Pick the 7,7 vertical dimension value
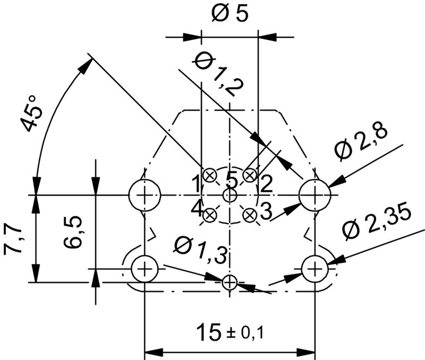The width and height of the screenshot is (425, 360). click(x=13, y=239)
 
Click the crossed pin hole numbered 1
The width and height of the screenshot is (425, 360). click(x=209, y=175)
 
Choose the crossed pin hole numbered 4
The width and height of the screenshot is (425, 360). click(x=209, y=215)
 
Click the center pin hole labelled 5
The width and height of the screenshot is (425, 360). click(x=229, y=195)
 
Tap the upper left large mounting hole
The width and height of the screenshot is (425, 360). click(x=145, y=195)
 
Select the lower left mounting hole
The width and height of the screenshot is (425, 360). click(x=145, y=269)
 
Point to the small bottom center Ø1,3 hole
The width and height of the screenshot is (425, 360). click(x=229, y=282)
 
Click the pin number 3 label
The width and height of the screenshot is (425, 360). click(x=266, y=211)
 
